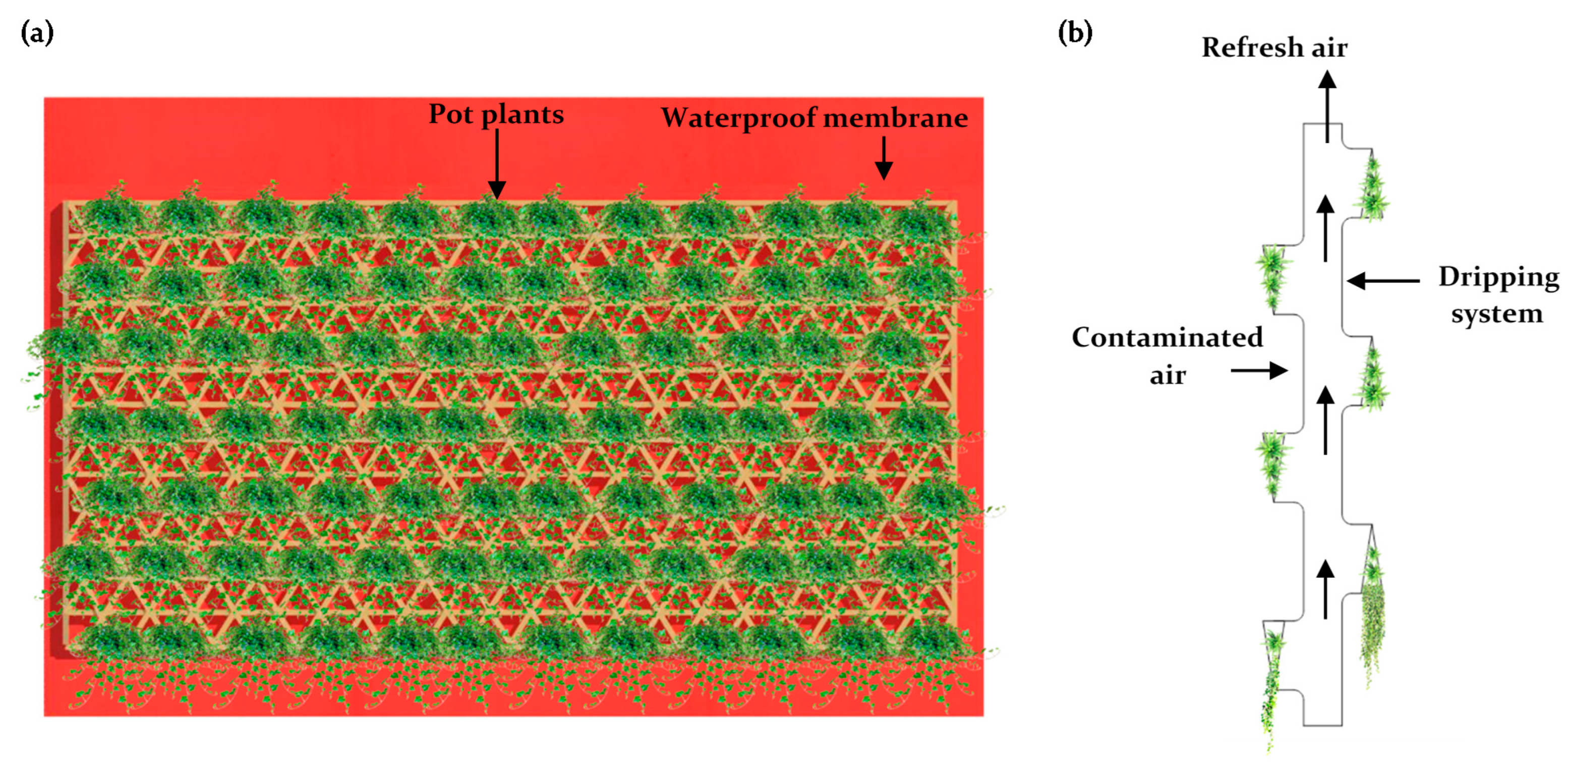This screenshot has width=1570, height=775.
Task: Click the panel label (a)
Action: pos(37,32)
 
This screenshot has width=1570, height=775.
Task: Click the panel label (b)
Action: pos(1075,32)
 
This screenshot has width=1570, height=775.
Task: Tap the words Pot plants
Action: pos(496,114)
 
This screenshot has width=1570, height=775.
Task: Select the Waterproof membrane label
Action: pos(815,117)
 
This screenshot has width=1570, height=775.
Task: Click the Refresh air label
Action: pos(1274,47)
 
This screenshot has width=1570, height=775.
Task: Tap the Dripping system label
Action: pos(1498,295)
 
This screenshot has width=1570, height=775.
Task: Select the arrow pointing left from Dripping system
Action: pos(1382,281)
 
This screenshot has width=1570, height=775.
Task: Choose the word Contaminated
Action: pos(1167,337)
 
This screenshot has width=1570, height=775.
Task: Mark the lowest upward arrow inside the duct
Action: pos(1325,588)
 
